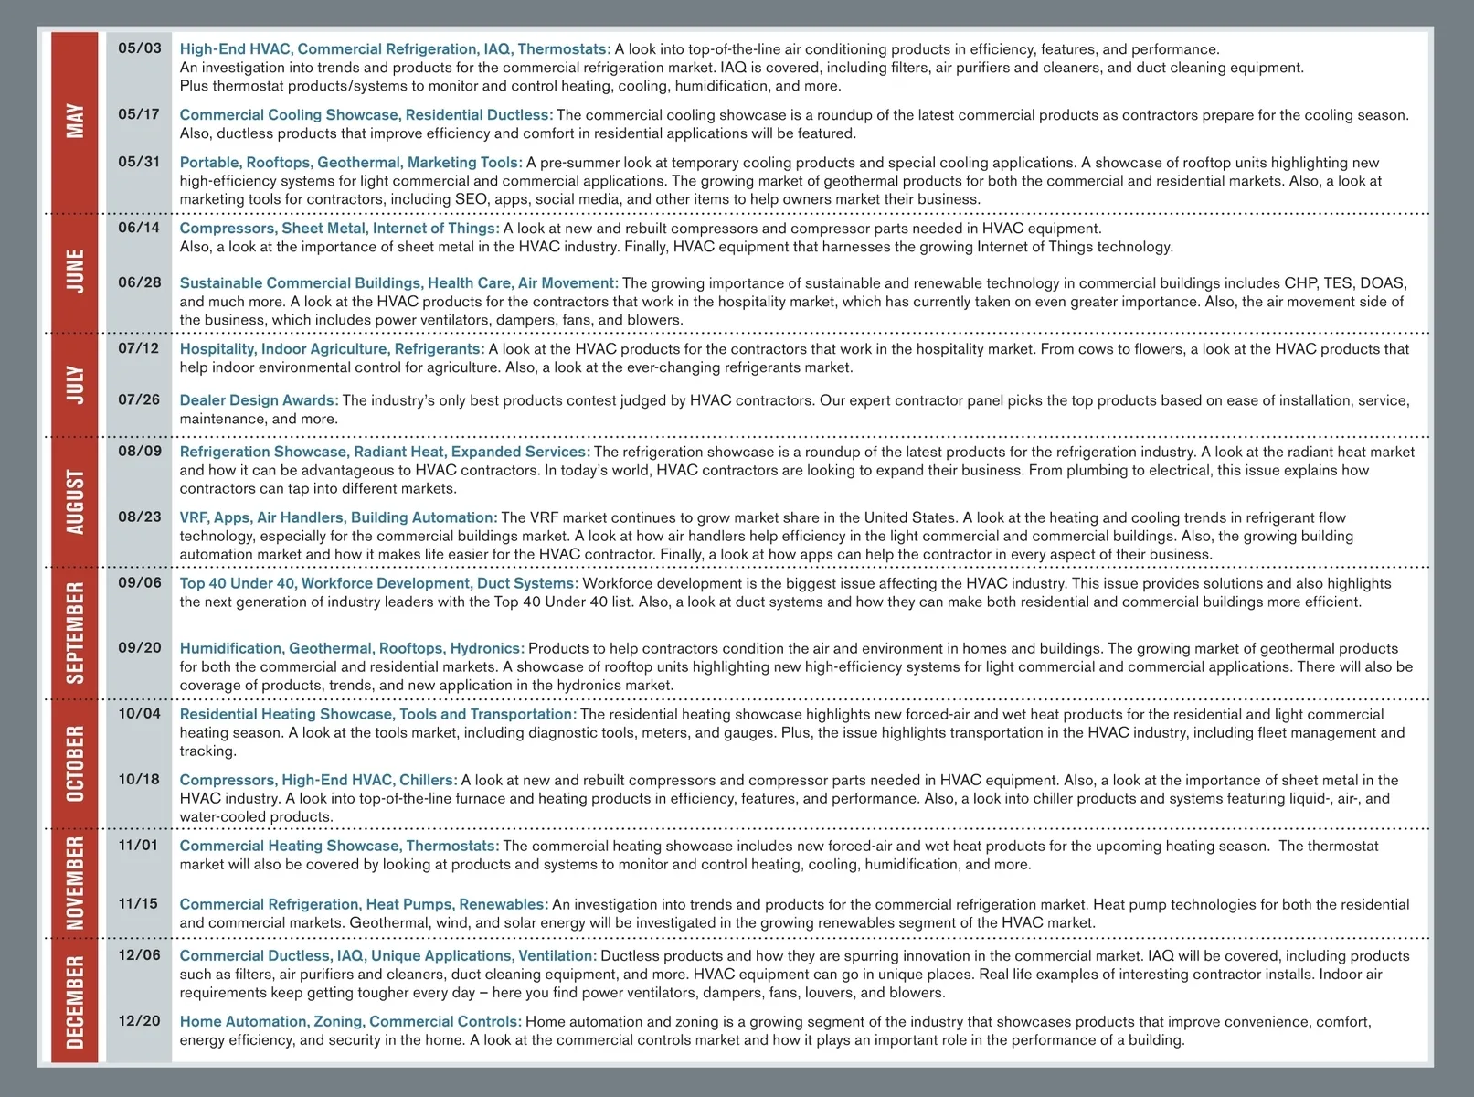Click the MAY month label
tap(75, 121)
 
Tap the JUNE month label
tap(75, 272)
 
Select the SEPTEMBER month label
tap(75, 633)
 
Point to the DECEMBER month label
tap(75, 1002)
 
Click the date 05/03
tap(139, 48)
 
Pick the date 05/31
tap(139, 162)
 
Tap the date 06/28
tap(139, 282)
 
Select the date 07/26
tap(139, 399)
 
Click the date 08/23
tap(139, 517)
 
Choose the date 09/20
tap(139, 648)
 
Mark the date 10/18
tap(139, 780)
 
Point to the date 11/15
tap(139, 904)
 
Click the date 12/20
tap(139, 1021)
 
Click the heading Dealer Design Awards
tap(259, 400)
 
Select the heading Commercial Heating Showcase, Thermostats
tap(339, 847)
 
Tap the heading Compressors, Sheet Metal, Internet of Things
tap(339, 229)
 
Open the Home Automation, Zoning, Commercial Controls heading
tap(350, 1022)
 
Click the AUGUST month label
tap(75, 502)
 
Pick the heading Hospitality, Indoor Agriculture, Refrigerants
tap(332, 349)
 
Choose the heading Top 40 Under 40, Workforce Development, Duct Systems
tap(378, 583)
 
